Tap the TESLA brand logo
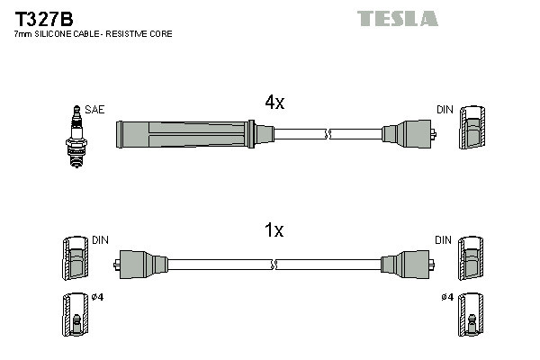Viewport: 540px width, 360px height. click(x=397, y=18)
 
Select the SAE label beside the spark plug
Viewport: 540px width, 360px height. click(x=95, y=110)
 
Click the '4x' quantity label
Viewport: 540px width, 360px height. click(x=274, y=103)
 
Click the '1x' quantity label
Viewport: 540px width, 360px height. click(x=274, y=231)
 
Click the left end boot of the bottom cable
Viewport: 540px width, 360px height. click(x=142, y=265)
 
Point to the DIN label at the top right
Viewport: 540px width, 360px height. click(x=445, y=110)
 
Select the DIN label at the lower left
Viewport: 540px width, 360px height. click(x=100, y=240)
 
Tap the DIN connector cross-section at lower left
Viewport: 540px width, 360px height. click(x=74, y=260)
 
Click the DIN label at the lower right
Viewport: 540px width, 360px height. click(x=444, y=240)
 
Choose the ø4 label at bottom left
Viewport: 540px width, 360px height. click(x=98, y=298)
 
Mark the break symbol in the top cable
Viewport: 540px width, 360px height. click(x=328, y=135)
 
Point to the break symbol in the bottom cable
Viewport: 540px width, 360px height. click(x=275, y=265)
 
